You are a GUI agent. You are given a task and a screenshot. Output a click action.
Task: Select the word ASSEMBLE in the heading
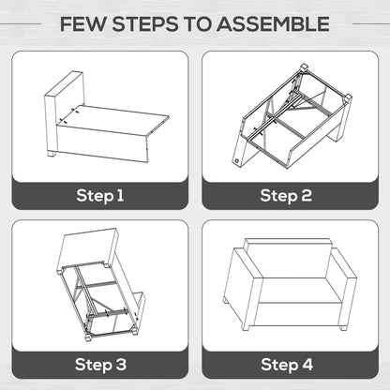(274, 24)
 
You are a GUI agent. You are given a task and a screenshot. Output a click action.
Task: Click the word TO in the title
(198, 24)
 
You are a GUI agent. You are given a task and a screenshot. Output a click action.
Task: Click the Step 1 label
(100, 196)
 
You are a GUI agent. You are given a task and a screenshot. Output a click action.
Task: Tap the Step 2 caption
(286, 196)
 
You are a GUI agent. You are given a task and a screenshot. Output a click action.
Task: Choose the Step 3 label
(100, 365)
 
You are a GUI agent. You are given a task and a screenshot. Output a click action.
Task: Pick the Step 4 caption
(287, 365)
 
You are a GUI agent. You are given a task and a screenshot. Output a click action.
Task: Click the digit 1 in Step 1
(120, 196)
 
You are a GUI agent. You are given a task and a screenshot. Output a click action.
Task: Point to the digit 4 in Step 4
(307, 365)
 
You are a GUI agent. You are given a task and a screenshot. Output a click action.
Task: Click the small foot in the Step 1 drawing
(52, 154)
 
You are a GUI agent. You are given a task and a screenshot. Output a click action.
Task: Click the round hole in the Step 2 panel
(236, 161)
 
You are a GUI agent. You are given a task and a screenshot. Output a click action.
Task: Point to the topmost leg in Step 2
(304, 67)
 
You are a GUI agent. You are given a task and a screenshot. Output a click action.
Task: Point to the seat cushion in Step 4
(300, 291)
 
